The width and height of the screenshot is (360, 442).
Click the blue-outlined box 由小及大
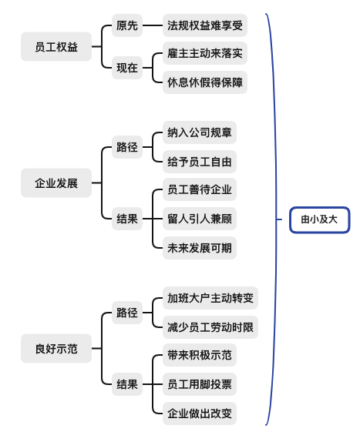click(x=319, y=220)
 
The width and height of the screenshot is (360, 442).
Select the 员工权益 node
click(x=56, y=46)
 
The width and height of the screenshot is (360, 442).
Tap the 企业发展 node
click(x=56, y=183)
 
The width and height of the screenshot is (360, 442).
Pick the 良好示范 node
click(x=56, y=348)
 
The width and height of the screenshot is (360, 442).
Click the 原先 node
click(x=127, y=25)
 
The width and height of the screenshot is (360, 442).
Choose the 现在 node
click(x=127, y=68)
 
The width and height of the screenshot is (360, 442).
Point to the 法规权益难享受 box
click(x=205, y=25)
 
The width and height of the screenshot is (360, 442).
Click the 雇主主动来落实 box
click(x=205, y=53)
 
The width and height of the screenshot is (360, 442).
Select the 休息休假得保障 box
click(x=205, y=82)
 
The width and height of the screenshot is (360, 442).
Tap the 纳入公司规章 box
click(x=200, y=132)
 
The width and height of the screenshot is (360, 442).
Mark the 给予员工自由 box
click(x=200, y=162)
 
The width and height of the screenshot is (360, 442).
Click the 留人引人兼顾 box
click(x=200, y=219)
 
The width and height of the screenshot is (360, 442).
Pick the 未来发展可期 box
click(x=200, y=248)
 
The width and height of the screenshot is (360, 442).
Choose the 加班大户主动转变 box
click(x=210, y=298)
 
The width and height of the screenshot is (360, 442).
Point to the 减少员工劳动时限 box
click(x=210, y=327)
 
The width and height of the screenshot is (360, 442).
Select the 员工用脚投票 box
click(x=200, y=384)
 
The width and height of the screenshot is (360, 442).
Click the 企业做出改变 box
click(x=200, y=414)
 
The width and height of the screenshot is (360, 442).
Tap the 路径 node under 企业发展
click(x=127, y=147)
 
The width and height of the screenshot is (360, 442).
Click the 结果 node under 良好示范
click(x=127, y=384)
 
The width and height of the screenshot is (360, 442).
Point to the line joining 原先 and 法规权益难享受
click(x=153, y=25)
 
